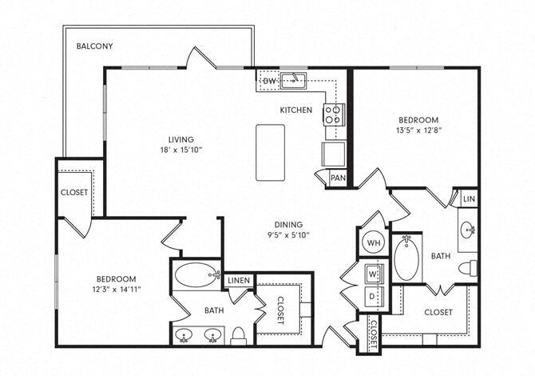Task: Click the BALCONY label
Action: (x=94, y=46)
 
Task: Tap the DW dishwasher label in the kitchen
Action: (x=269, y=82)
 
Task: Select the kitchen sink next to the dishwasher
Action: (x=296, y=79)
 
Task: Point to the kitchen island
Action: (x=270, y=152)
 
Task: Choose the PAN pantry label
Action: (x=338, y=178)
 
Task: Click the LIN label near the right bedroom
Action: (x=468, y=197)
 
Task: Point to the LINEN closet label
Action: (x=237, y=280)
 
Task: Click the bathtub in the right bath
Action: (x=406, y=257)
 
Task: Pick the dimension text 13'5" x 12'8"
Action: (x=418, y=129)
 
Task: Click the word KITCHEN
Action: (x=295, y=110)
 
